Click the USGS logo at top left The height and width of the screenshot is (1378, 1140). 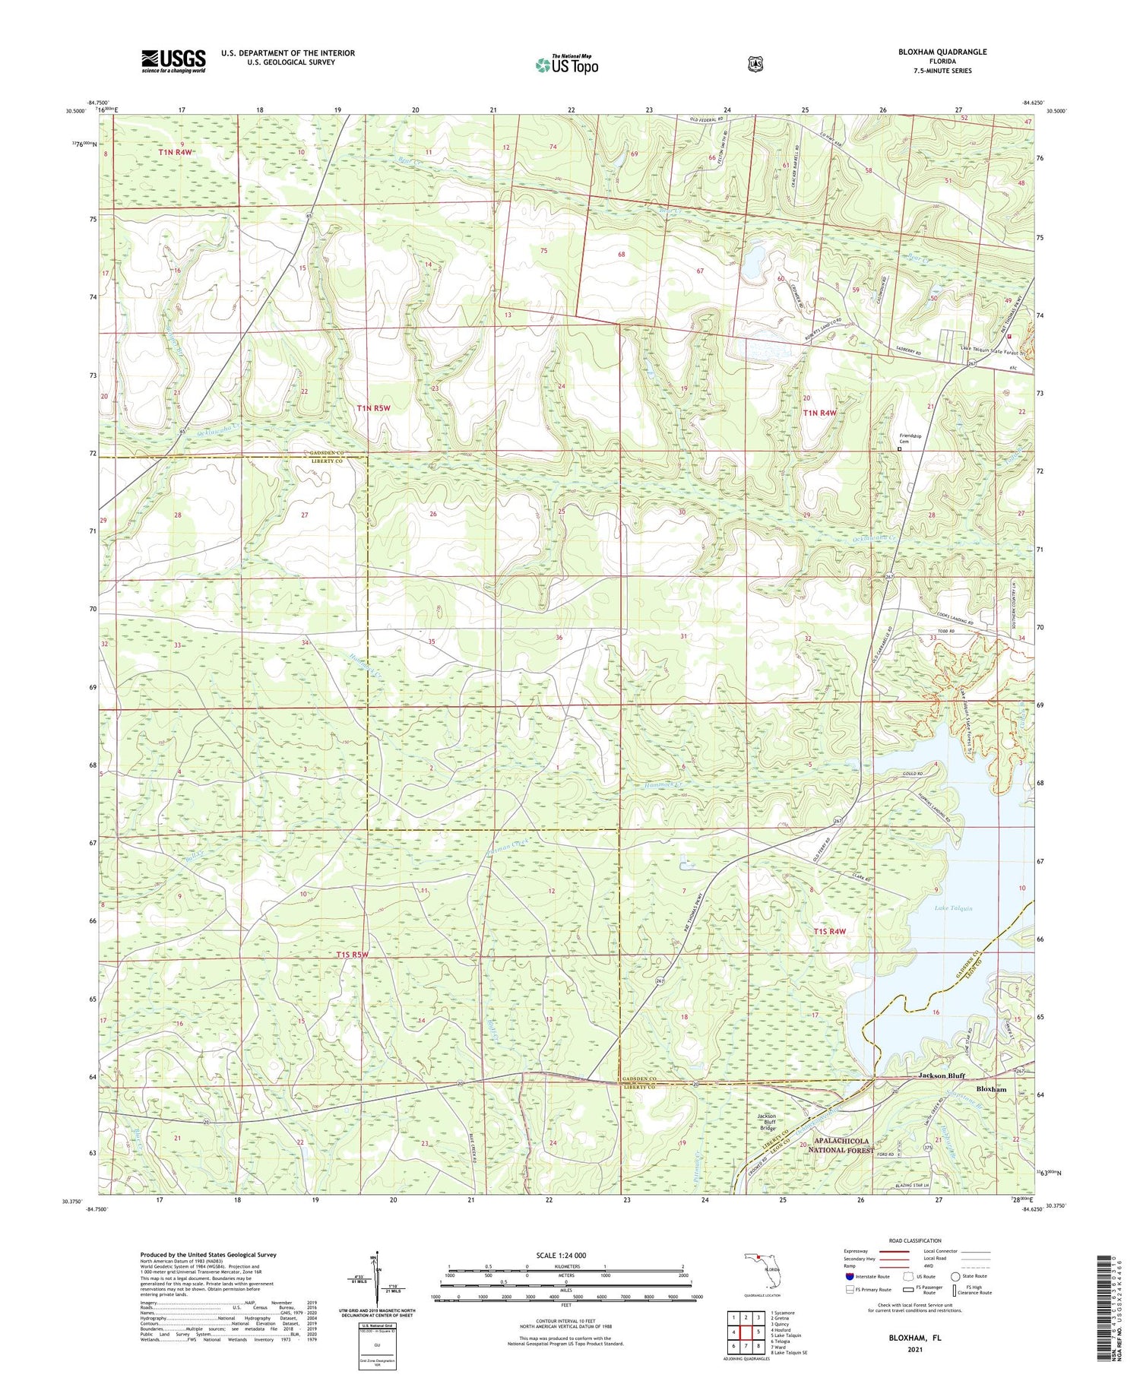[x=173, y=61]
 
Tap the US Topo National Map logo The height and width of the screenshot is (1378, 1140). [x=566, y=65]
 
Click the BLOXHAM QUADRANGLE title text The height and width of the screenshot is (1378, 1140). [x=942, y=52]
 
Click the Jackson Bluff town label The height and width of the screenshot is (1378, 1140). [x=941, y=1075]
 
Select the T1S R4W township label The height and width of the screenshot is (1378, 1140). [x=829, y=931]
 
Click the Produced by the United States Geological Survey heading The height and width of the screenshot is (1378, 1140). [x=207, y=1255]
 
